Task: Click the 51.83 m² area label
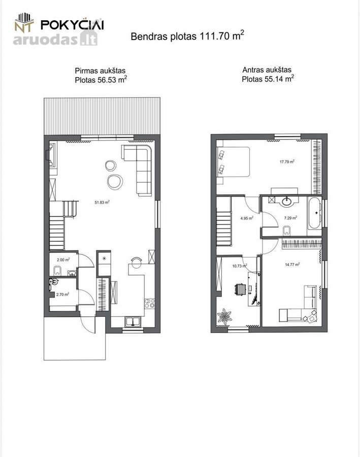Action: pos(102,202)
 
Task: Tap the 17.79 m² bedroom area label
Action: pos(287,161)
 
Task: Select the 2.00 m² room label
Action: pos(63,259)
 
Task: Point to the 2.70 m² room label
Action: pos(62,295)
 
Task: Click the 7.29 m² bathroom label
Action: pos(290,217)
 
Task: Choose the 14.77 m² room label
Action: pos(292,265)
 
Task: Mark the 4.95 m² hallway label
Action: pos(247,218)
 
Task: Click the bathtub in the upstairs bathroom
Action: pos(314,213)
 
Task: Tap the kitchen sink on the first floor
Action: pos(133,321)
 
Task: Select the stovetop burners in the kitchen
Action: pos(150,304)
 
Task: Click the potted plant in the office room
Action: pos(224,316)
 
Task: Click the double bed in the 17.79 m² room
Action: pos(233,161)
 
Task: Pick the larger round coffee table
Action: pos(115,182)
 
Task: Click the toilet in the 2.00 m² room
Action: pos(57,271)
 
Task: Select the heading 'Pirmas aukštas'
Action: pos(100,71)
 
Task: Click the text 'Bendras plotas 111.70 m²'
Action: pos(187,36)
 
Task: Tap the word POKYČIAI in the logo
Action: pos(72,24)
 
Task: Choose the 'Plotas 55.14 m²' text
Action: pos(268,79)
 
